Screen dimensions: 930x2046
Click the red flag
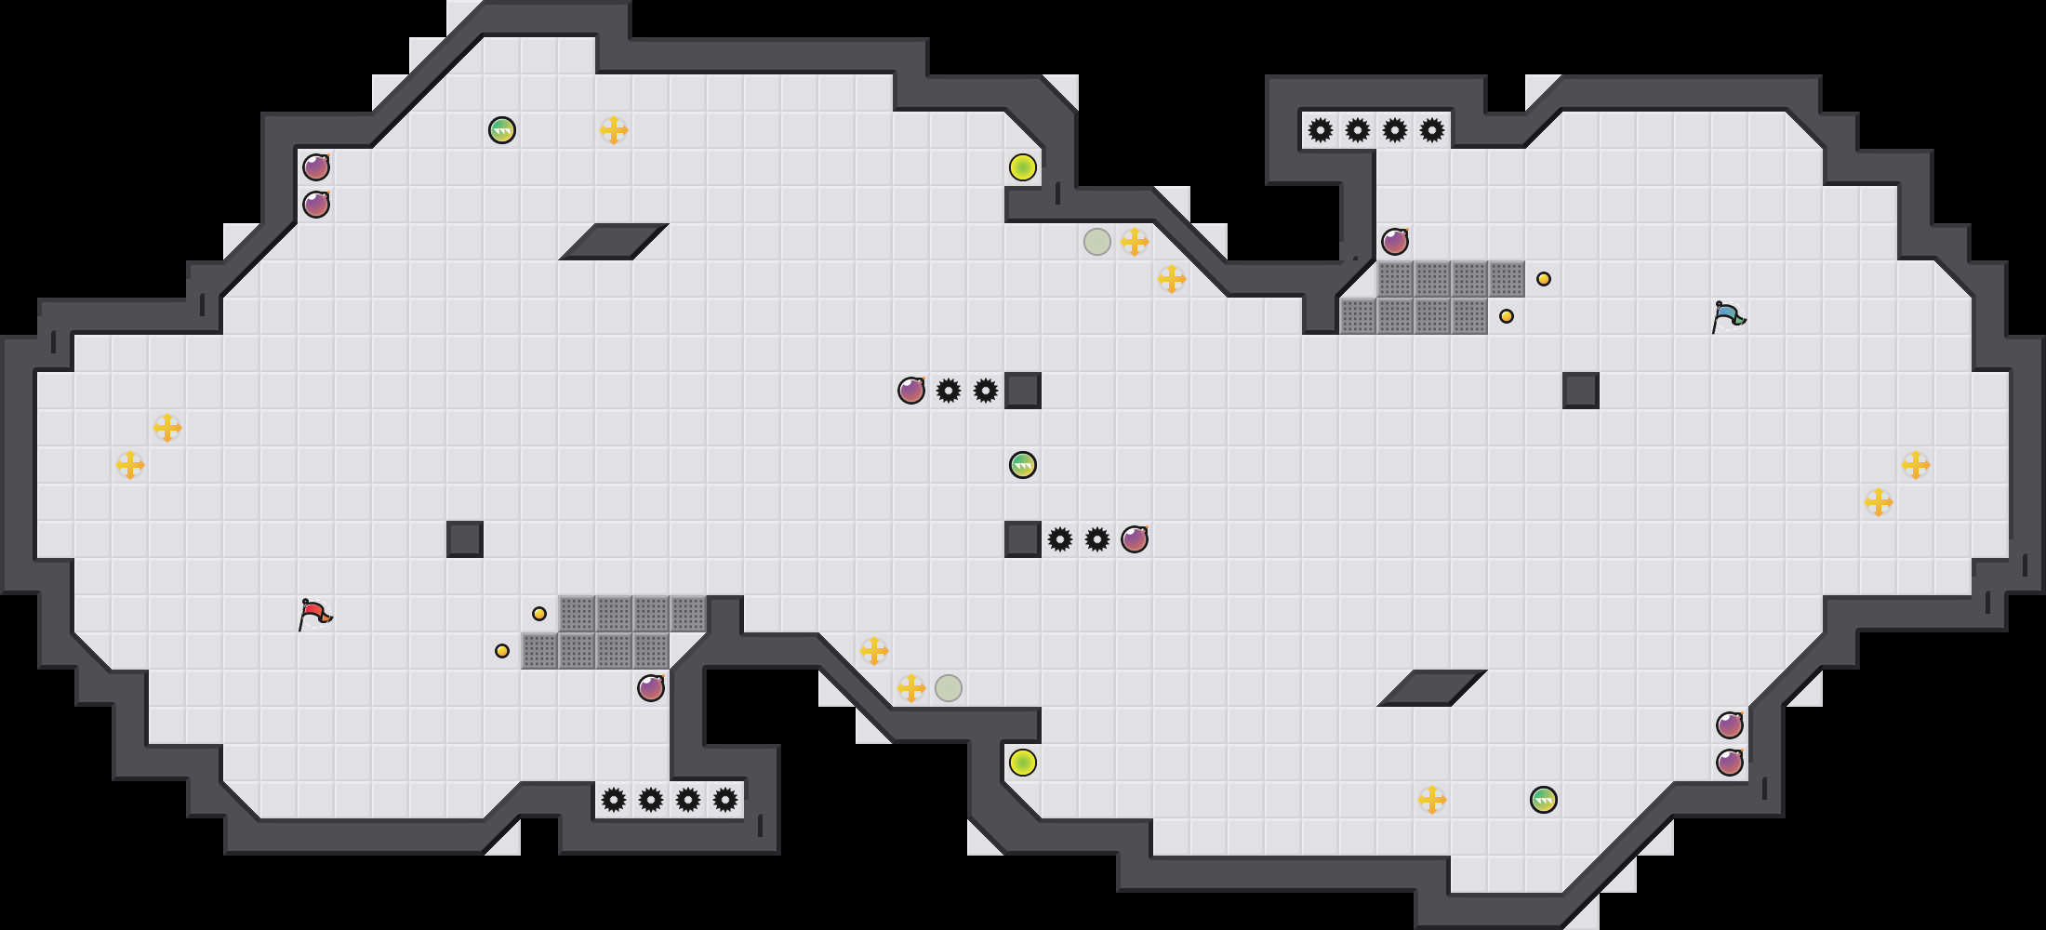point(314,614)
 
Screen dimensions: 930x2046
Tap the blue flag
point(1727,316)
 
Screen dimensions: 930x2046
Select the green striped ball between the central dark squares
point(1023,465)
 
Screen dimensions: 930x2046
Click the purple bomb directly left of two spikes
point(911,391)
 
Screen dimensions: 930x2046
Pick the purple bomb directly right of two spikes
point(1135,539)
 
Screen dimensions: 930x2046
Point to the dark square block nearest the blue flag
point(1581,391)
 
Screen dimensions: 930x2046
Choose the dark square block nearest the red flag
point(465,539)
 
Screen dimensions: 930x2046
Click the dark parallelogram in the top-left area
point(614,242)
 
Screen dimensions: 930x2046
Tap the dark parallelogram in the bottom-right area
point(1432,688)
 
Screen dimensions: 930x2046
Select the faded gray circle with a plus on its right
point(1097,242)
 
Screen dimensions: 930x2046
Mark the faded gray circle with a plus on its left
point(949,688)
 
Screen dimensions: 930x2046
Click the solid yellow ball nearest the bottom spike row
point(1023,763)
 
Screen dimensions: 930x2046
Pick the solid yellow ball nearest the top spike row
point(1023,167)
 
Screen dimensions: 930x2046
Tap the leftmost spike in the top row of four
point(1321,130)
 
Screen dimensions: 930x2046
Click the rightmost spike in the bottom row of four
point(725,800)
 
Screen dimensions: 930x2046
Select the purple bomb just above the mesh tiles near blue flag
point(1395,242)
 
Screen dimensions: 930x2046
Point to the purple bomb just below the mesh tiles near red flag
point(651,688)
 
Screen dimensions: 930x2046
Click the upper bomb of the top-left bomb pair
point(316,167)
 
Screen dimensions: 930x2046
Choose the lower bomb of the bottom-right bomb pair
point(1730,763)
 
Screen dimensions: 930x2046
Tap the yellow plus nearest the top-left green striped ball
point(614,130)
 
